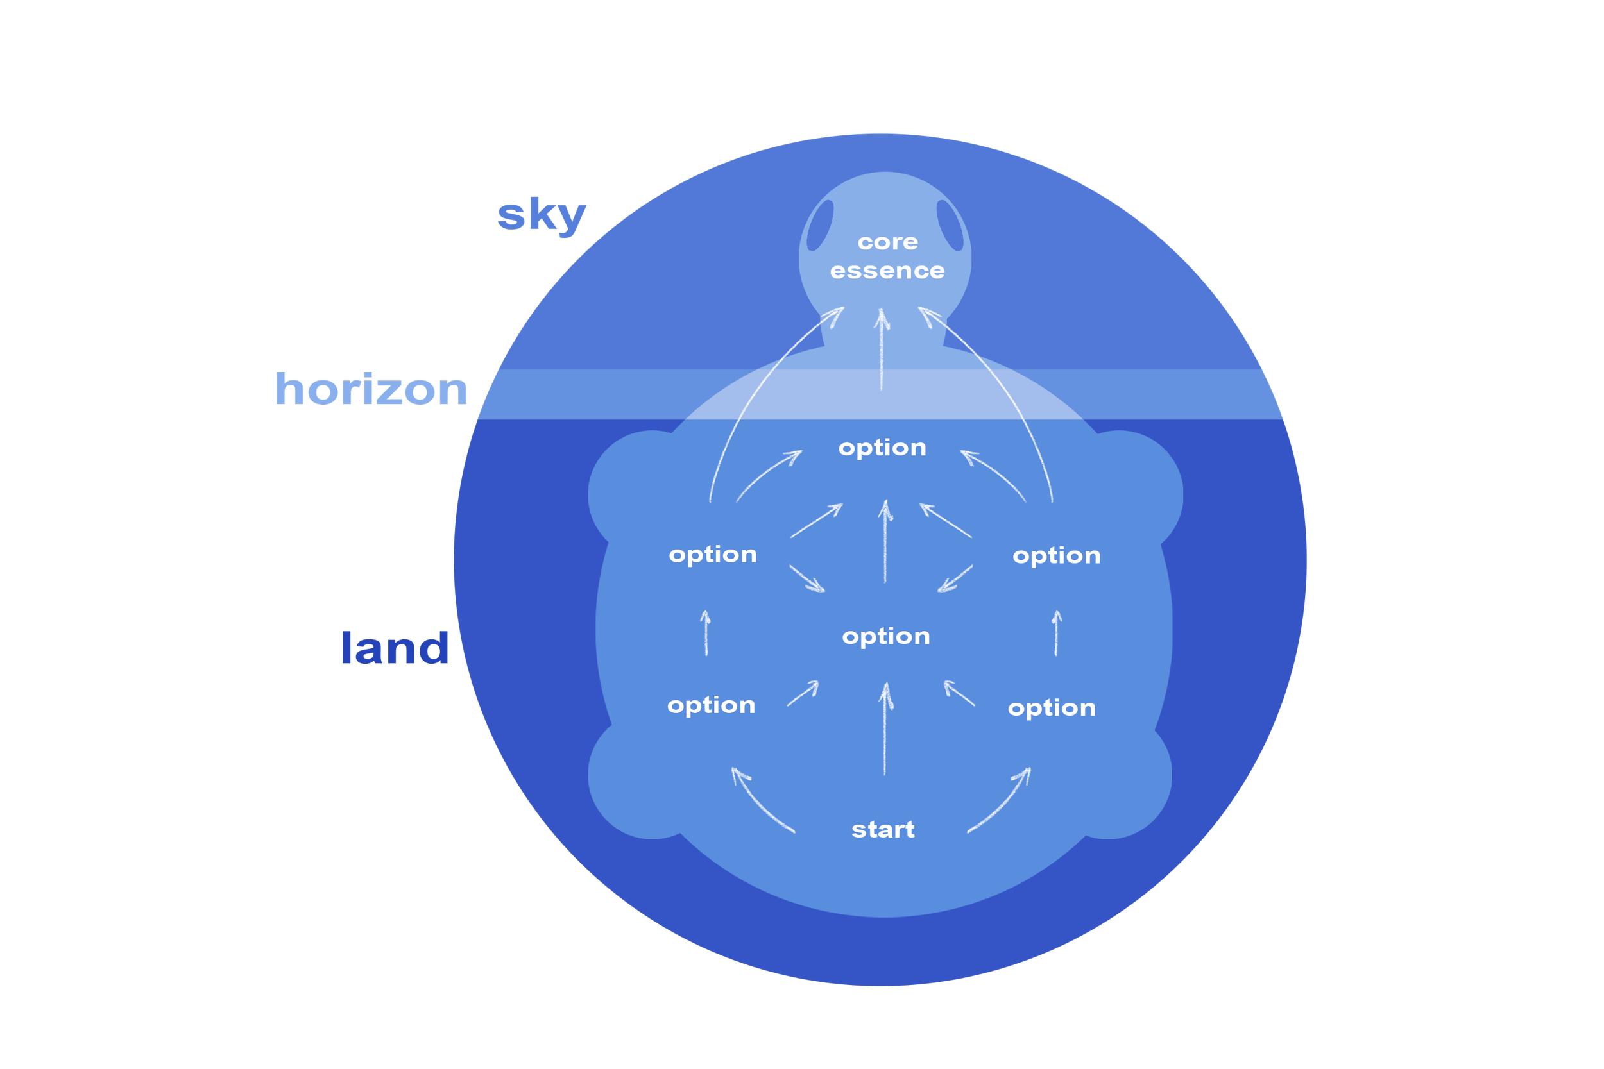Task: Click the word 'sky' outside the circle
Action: [541, 216]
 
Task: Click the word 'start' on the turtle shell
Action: [883, 830]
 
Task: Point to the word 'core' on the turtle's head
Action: [888, 242]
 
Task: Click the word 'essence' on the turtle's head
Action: [887, 271]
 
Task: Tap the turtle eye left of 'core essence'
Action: [820, 226]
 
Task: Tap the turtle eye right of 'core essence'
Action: [950, 225]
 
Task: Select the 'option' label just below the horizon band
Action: [882, 447]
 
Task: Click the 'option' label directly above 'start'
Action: [886, 636]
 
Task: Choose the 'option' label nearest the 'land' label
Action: [712, 705]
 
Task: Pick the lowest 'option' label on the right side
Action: [1052, 708]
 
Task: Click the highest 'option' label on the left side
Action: [713, 554]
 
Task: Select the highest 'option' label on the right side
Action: [1056, 555]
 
